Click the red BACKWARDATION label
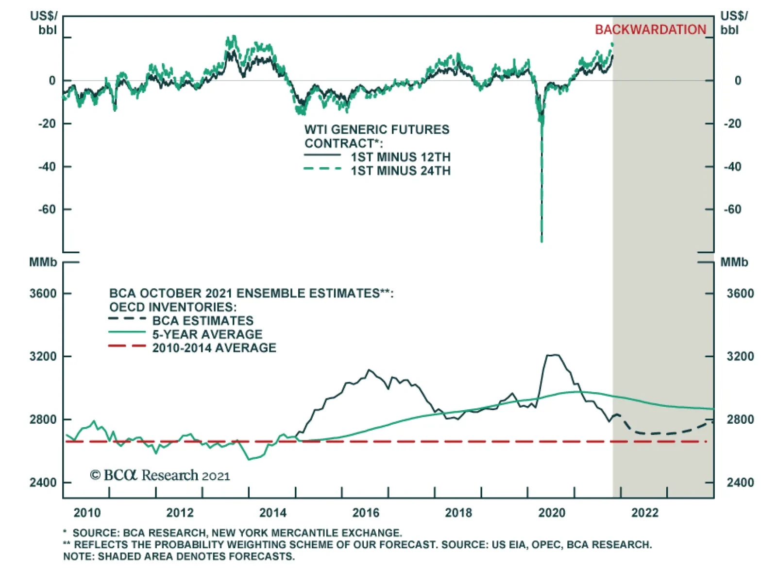click(650, 30)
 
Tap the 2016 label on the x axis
click(366, 513)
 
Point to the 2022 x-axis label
click(645, 513)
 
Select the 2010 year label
click(87, 513)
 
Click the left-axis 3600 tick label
click(43, 294)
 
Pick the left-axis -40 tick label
click(47, 167)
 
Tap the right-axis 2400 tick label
click(740, 483)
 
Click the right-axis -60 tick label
click(732, 209)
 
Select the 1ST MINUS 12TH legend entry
click(400, 157)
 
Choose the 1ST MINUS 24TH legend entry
click(400, 171)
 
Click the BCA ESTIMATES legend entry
click(203, 321)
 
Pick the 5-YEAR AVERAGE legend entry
click(207, 334)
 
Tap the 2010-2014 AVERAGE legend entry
click(214, 348)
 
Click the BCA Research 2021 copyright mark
click(160, 475)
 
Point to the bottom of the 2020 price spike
click(541, 241)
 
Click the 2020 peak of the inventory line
click(553, 355)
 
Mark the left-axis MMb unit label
click(43, 262)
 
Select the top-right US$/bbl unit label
click(733, 23)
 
